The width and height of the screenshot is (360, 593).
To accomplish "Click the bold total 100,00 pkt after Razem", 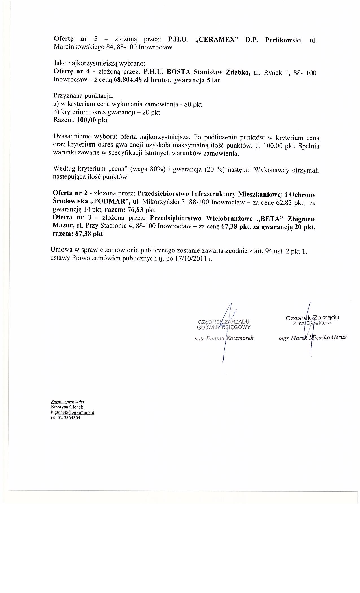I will (92, 120).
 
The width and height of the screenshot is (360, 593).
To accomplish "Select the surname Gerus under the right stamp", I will (339, 337).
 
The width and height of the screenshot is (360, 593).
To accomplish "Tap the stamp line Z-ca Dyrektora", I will (312, 323).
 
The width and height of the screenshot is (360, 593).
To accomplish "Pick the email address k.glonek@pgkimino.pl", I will (72, 412).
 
